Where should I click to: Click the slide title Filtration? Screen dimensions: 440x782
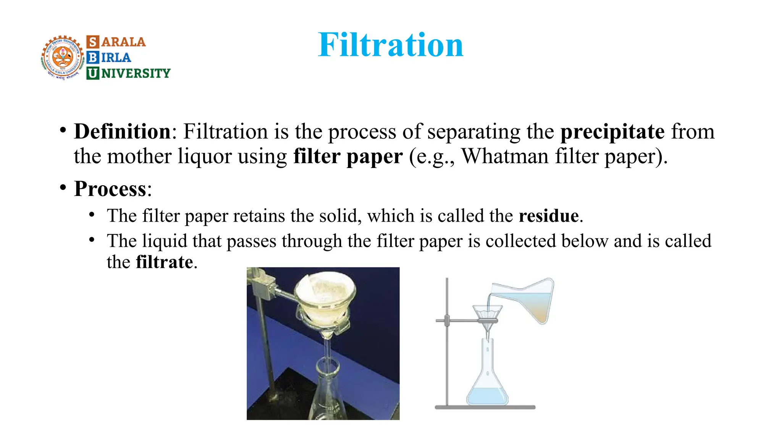click(390, 45)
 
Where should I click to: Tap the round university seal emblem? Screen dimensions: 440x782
click(63, 58)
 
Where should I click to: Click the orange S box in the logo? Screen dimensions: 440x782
click(93, 42)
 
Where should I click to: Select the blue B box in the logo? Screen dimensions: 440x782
click(92, 57)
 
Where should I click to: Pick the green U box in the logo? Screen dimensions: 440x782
click(92, 73)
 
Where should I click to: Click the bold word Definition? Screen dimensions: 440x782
click(122, 131)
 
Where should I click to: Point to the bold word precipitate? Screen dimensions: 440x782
click(612, 131)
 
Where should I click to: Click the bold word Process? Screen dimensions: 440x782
click(110, 189)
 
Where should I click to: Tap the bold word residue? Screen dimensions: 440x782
click(548, 216)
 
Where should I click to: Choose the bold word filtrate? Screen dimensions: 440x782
click(164, 262)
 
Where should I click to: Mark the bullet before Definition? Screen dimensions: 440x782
click(63, 130)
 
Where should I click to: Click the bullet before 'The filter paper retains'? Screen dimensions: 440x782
click(92, 215)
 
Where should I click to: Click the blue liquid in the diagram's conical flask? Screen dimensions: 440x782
click(487, 396)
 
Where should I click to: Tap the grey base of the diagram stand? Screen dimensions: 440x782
click(485, 408)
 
